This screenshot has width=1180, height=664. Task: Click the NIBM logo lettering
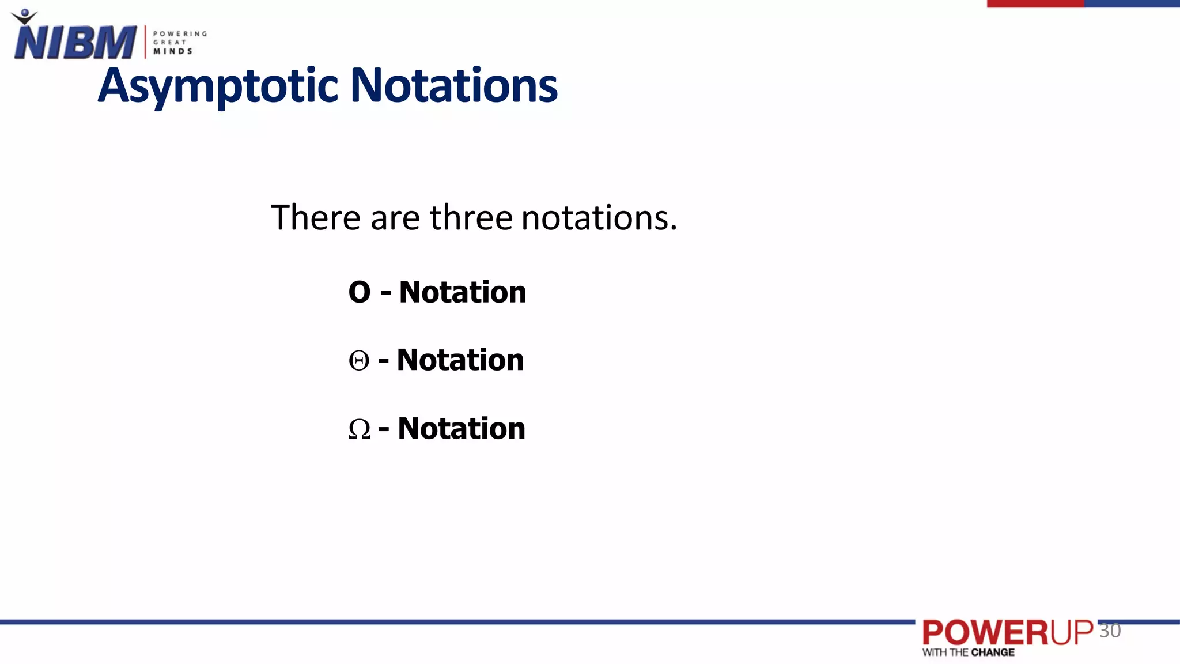coord(75,43)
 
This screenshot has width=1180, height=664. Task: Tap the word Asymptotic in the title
coord(218,86)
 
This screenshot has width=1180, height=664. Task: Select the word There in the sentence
coord(316,218)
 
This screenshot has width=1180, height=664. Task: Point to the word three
coord(471,218)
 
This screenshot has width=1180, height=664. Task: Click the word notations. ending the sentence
coord(599,218)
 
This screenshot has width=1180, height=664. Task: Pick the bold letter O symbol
coord(360,292)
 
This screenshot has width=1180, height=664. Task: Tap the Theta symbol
coord(359,361)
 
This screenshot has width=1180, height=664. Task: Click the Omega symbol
coord(360,429)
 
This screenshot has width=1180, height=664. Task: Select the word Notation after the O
coord(463,292)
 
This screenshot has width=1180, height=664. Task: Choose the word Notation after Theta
coord(460,360)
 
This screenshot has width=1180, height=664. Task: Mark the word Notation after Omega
coord(462,429)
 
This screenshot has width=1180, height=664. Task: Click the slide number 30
coord(1110,631)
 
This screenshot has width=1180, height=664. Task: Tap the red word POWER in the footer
coord(986,633)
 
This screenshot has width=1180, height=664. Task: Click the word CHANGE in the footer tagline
coord(993,652)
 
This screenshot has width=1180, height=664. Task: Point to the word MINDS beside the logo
coord(172,51)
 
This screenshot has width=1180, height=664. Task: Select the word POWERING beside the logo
coord(180,34)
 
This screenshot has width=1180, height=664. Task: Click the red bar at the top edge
coord(1035,3)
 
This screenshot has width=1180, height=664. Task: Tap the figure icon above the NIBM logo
coord(24,16)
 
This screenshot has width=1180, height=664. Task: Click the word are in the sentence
coord(395,218)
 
